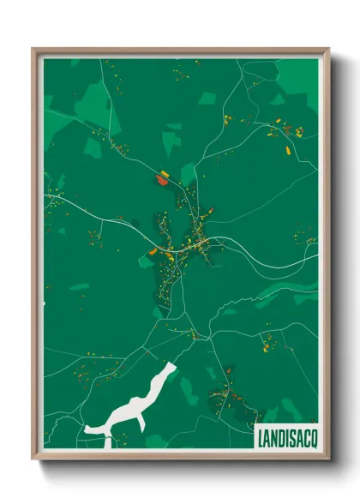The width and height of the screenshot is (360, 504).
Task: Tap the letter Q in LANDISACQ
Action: coord(311,437)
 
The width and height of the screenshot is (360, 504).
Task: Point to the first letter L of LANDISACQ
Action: coord(261,437)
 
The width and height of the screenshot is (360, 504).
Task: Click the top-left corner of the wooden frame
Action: coord(33,49)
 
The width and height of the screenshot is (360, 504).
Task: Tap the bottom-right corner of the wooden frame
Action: coord(329,460)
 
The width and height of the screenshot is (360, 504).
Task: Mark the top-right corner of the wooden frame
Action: coord(329,49)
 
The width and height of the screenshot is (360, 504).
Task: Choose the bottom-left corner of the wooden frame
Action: coord(33,460)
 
